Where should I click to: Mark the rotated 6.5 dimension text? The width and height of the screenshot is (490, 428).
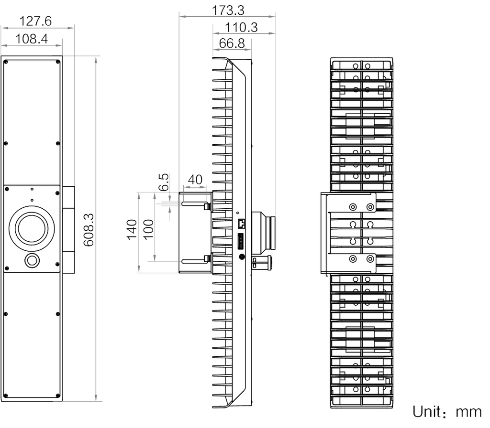(x=163, y=182)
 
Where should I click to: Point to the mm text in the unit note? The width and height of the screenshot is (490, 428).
(x=470, y=412)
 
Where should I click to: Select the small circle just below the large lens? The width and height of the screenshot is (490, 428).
(x=33, y=260)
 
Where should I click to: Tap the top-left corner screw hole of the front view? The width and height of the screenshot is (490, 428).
(x=7, y=62)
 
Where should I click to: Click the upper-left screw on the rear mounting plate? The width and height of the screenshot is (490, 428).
(x=353, y=207)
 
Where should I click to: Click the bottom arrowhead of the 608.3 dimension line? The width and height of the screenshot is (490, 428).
(x=97, y=399)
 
